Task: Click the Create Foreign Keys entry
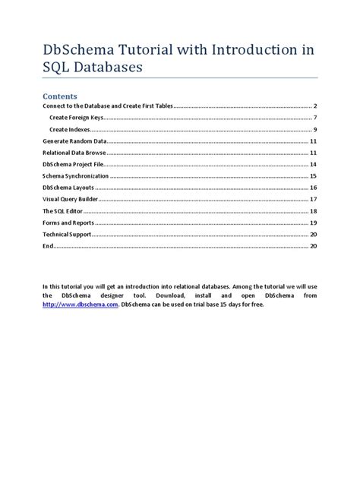(77, 118)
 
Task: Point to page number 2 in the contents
(314, 106)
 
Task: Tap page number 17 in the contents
(313, 199)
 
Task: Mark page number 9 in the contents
(314, 129)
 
